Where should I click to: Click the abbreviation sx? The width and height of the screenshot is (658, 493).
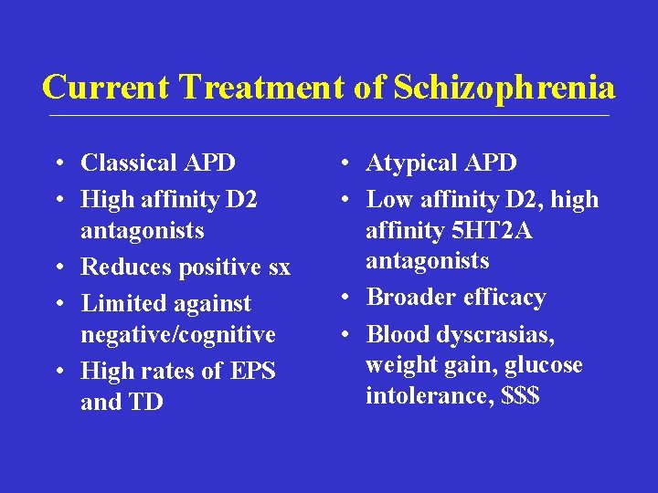click(278, 267)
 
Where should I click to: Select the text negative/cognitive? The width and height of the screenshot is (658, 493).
click(177, 334)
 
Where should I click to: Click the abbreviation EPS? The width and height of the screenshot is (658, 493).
click(252, 371)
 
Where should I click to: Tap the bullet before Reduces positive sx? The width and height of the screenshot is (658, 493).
click(58, 267)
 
